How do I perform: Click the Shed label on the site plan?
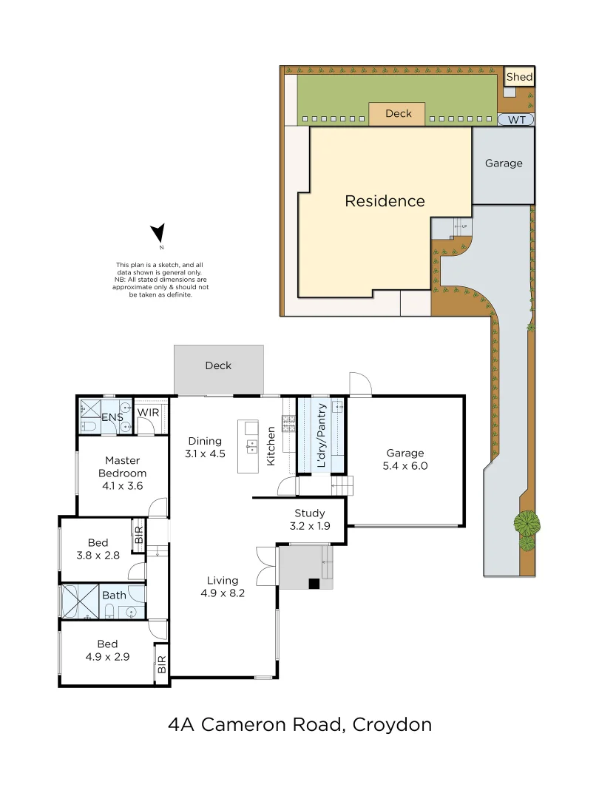pyautogui.click(x=519, y=77)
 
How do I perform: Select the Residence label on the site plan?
pyautogui.click(x=385, y=201)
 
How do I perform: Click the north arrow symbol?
pyautogui.click(x=158, y=235)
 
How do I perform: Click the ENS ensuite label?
pyautogui.click(x=112, y=418)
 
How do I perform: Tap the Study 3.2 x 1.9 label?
pyautogui.click(x=309, y=519)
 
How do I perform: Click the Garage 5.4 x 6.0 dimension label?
pyautogui.click(x=405, y=459)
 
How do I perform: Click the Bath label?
pyautogui.click(x=114, y=595)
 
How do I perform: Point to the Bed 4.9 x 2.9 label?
pyautogui.click(x=106, y=650)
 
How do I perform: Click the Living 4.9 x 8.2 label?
pyautogui.click(x=222, y=586)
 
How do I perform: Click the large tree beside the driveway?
pyautogui.click(x=527, y=524)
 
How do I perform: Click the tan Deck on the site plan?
pyautogui.click(x=398, y=114)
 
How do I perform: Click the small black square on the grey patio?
pyautogui.click(x=314, y=583)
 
